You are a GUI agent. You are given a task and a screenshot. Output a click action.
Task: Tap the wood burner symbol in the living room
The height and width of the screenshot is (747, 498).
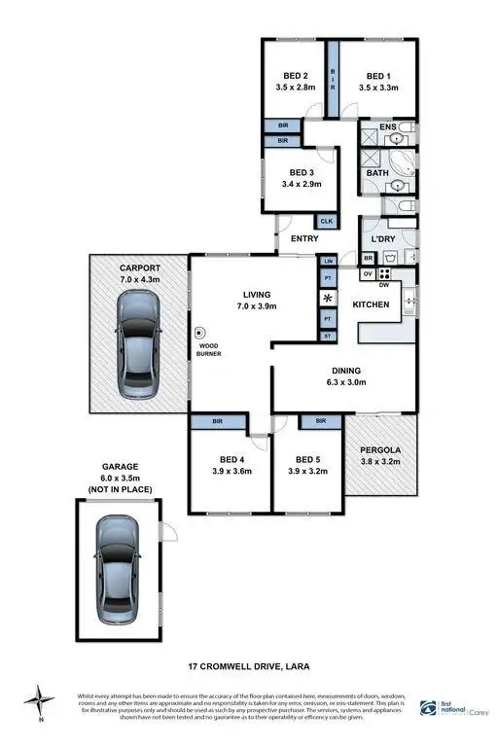[200, 331]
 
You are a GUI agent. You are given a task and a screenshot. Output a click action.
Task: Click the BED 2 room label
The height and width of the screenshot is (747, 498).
[296, 76]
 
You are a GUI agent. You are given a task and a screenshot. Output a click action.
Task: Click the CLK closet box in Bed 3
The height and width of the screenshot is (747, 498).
[327, 222]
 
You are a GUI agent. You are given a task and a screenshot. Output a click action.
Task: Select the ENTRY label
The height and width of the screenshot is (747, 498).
[304, 238]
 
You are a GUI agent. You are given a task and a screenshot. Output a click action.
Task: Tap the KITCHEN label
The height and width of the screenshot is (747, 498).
[371, 304]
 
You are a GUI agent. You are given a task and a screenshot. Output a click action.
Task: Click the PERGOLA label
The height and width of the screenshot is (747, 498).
[380, 450]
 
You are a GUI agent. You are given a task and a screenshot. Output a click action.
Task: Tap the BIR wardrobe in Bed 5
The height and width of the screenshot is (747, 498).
[319, 422]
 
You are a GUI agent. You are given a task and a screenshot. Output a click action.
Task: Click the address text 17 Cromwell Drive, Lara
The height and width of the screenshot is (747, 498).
[248, 667]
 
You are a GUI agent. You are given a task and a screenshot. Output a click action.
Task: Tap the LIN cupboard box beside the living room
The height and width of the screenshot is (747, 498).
[328, 262]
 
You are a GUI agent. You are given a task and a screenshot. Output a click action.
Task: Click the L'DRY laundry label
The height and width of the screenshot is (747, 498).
[379, 238]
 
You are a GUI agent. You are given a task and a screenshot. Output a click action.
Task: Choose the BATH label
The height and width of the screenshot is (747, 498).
[376, 173]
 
